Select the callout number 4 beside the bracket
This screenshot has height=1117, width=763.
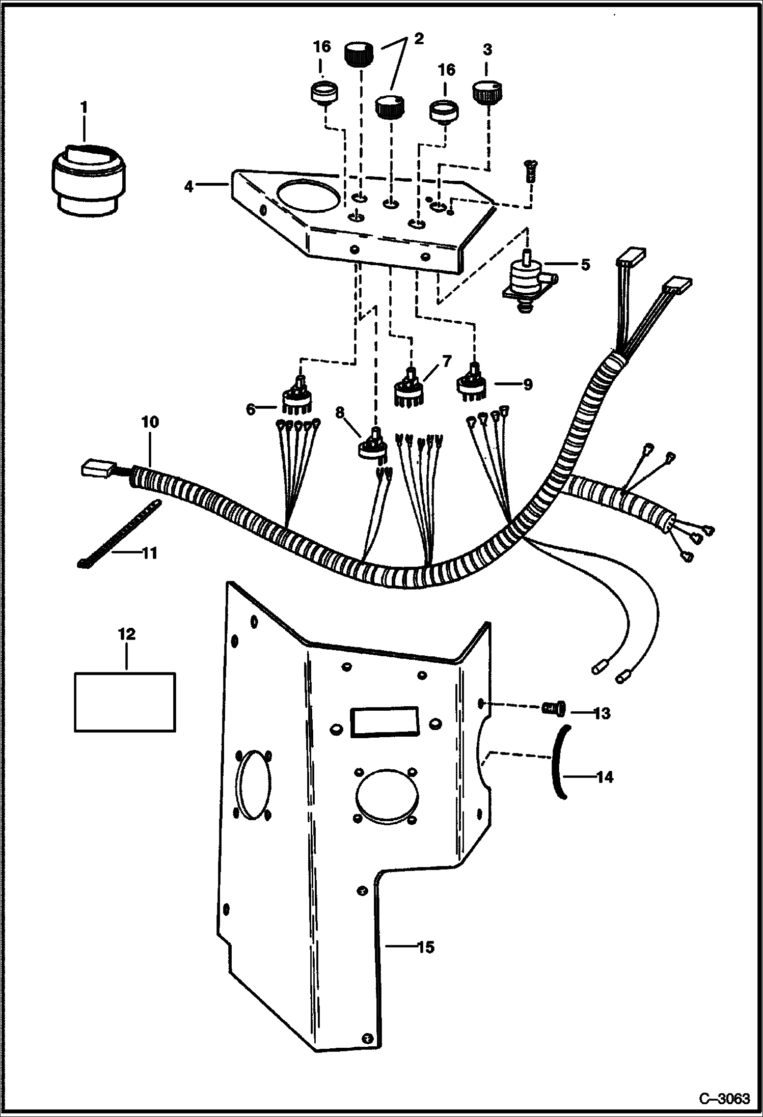coord(189,187)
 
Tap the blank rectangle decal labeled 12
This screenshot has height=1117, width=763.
coord(125,702)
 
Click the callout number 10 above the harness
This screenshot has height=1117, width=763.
coord(150,422)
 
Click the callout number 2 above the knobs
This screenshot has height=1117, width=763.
coord(418,39)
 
